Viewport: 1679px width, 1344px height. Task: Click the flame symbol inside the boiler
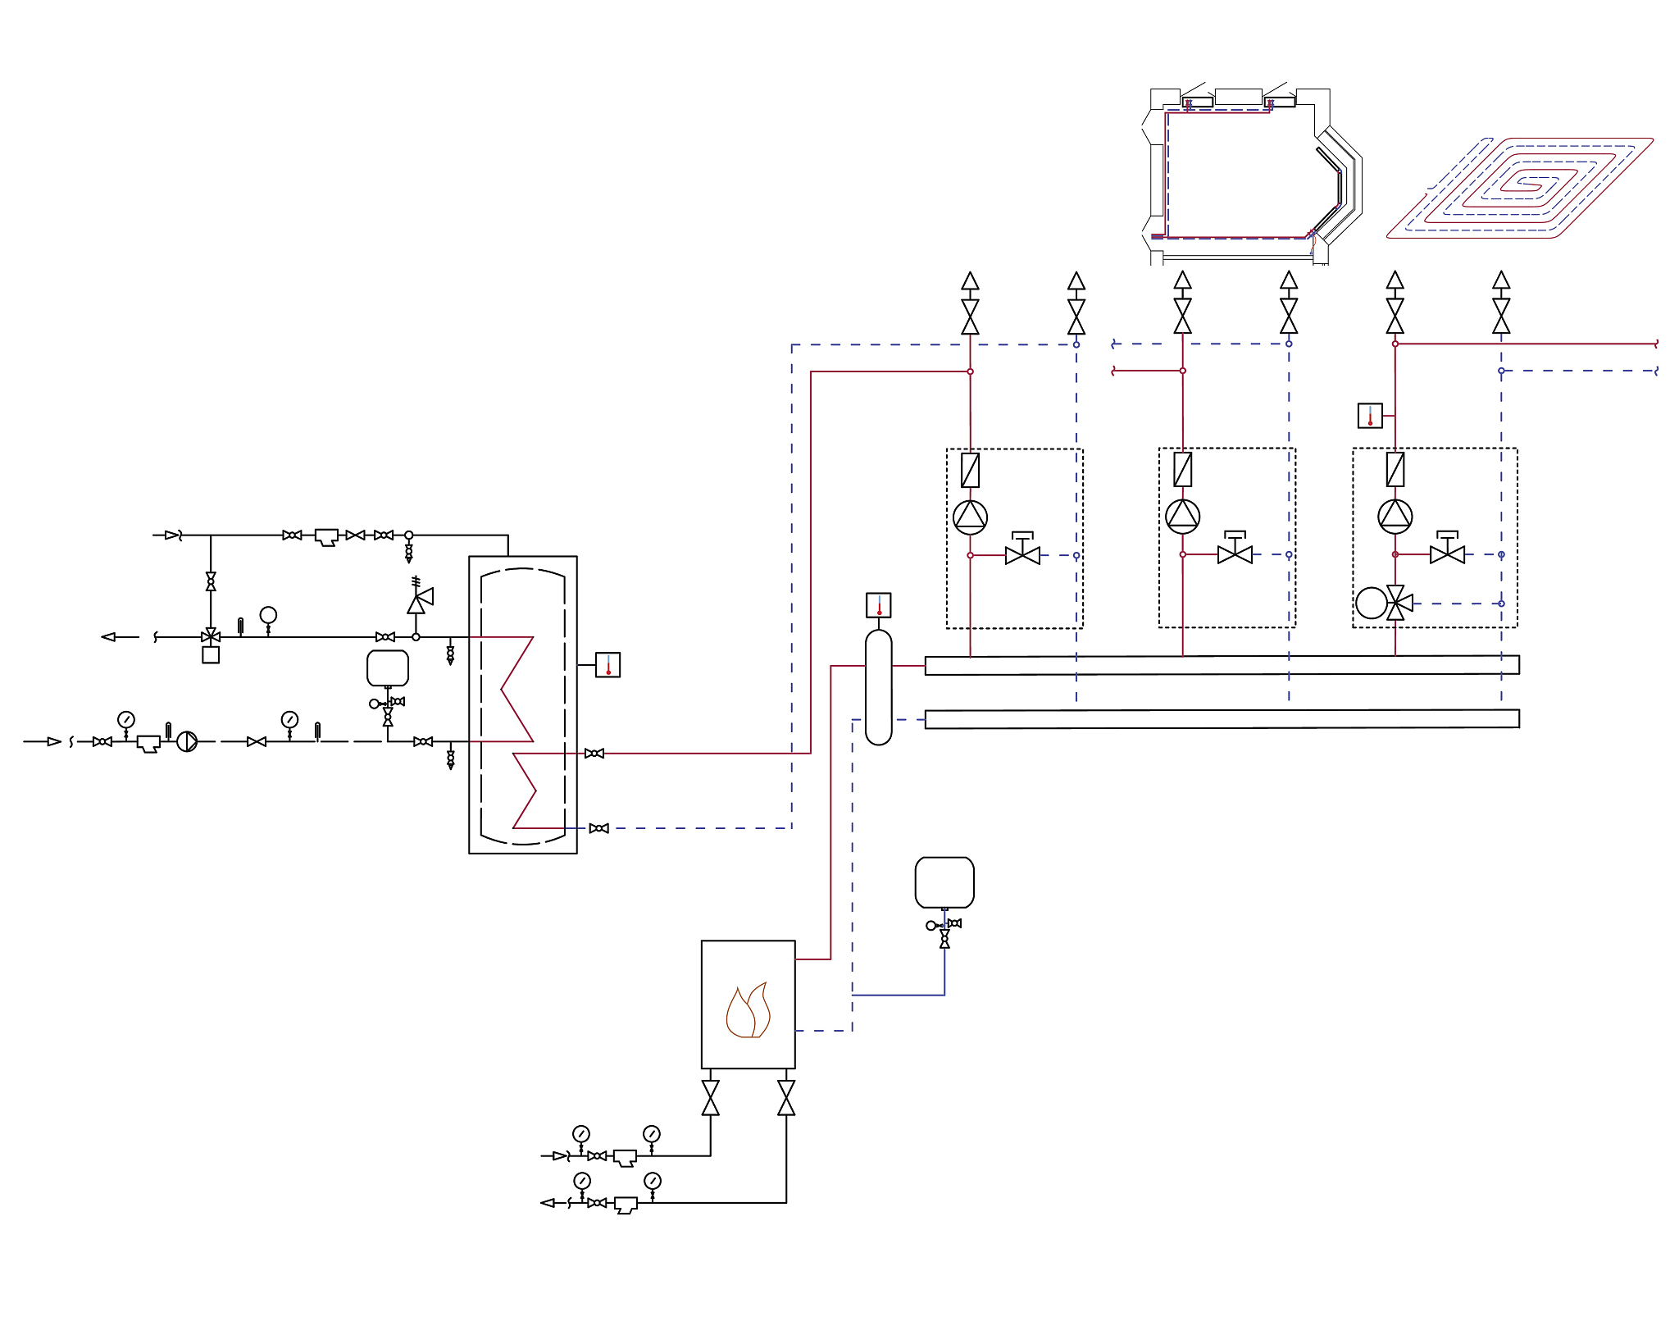click(748, 1012)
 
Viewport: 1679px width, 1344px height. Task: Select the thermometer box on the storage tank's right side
click(607, 665)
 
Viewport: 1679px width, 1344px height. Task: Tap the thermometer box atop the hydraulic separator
click(878, 605)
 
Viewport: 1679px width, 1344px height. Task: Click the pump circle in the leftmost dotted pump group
click(970, 517)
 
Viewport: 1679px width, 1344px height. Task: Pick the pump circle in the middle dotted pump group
click(1182, 516)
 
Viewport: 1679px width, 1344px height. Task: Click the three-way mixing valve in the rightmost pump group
click(1396, 604)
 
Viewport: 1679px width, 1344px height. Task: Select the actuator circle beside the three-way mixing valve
click(1371, 603)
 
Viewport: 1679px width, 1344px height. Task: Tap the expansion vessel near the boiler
click(944, 882)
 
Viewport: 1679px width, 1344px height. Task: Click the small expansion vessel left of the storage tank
click(388, 668)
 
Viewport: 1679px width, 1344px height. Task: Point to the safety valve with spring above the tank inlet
click(419, 599)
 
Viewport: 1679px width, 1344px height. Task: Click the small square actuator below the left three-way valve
click(211, 655)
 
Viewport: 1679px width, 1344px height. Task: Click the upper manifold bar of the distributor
click(1222, 665)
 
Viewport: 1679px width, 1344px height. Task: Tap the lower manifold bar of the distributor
click(1222, 719)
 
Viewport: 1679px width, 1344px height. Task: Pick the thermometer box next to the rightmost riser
click(1370, 416)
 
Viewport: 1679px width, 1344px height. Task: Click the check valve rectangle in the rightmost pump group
click(1395, 470)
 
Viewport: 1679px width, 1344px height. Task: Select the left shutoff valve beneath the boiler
click(711, 1098)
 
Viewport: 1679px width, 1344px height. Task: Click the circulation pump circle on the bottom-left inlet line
click(187, 741)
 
